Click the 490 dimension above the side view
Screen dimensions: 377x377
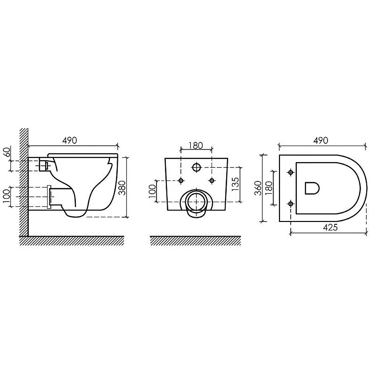click(69, 140)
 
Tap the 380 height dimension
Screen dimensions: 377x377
click(123, 188)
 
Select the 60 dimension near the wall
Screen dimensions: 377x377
click(7, 152)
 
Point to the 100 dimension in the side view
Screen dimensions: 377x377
click(7, 196)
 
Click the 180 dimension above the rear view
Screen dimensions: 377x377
click(196, 146)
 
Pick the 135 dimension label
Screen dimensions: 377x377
click(235, 184)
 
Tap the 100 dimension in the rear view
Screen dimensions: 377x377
click(152, 191)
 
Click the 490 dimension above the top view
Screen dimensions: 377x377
click(321, 140)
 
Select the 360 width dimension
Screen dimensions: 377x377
click(258, 188)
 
